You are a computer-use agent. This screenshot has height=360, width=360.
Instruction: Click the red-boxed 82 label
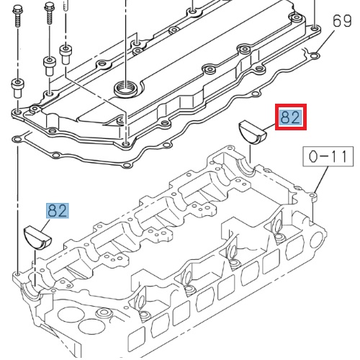291,117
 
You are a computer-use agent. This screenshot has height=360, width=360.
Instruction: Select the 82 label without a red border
57,210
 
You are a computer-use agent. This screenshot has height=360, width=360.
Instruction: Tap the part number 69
341,21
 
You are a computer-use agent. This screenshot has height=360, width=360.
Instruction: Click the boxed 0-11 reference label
328,156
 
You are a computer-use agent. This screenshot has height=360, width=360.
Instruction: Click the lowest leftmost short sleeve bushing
18,89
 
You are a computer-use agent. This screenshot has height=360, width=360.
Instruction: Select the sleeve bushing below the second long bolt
50,66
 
